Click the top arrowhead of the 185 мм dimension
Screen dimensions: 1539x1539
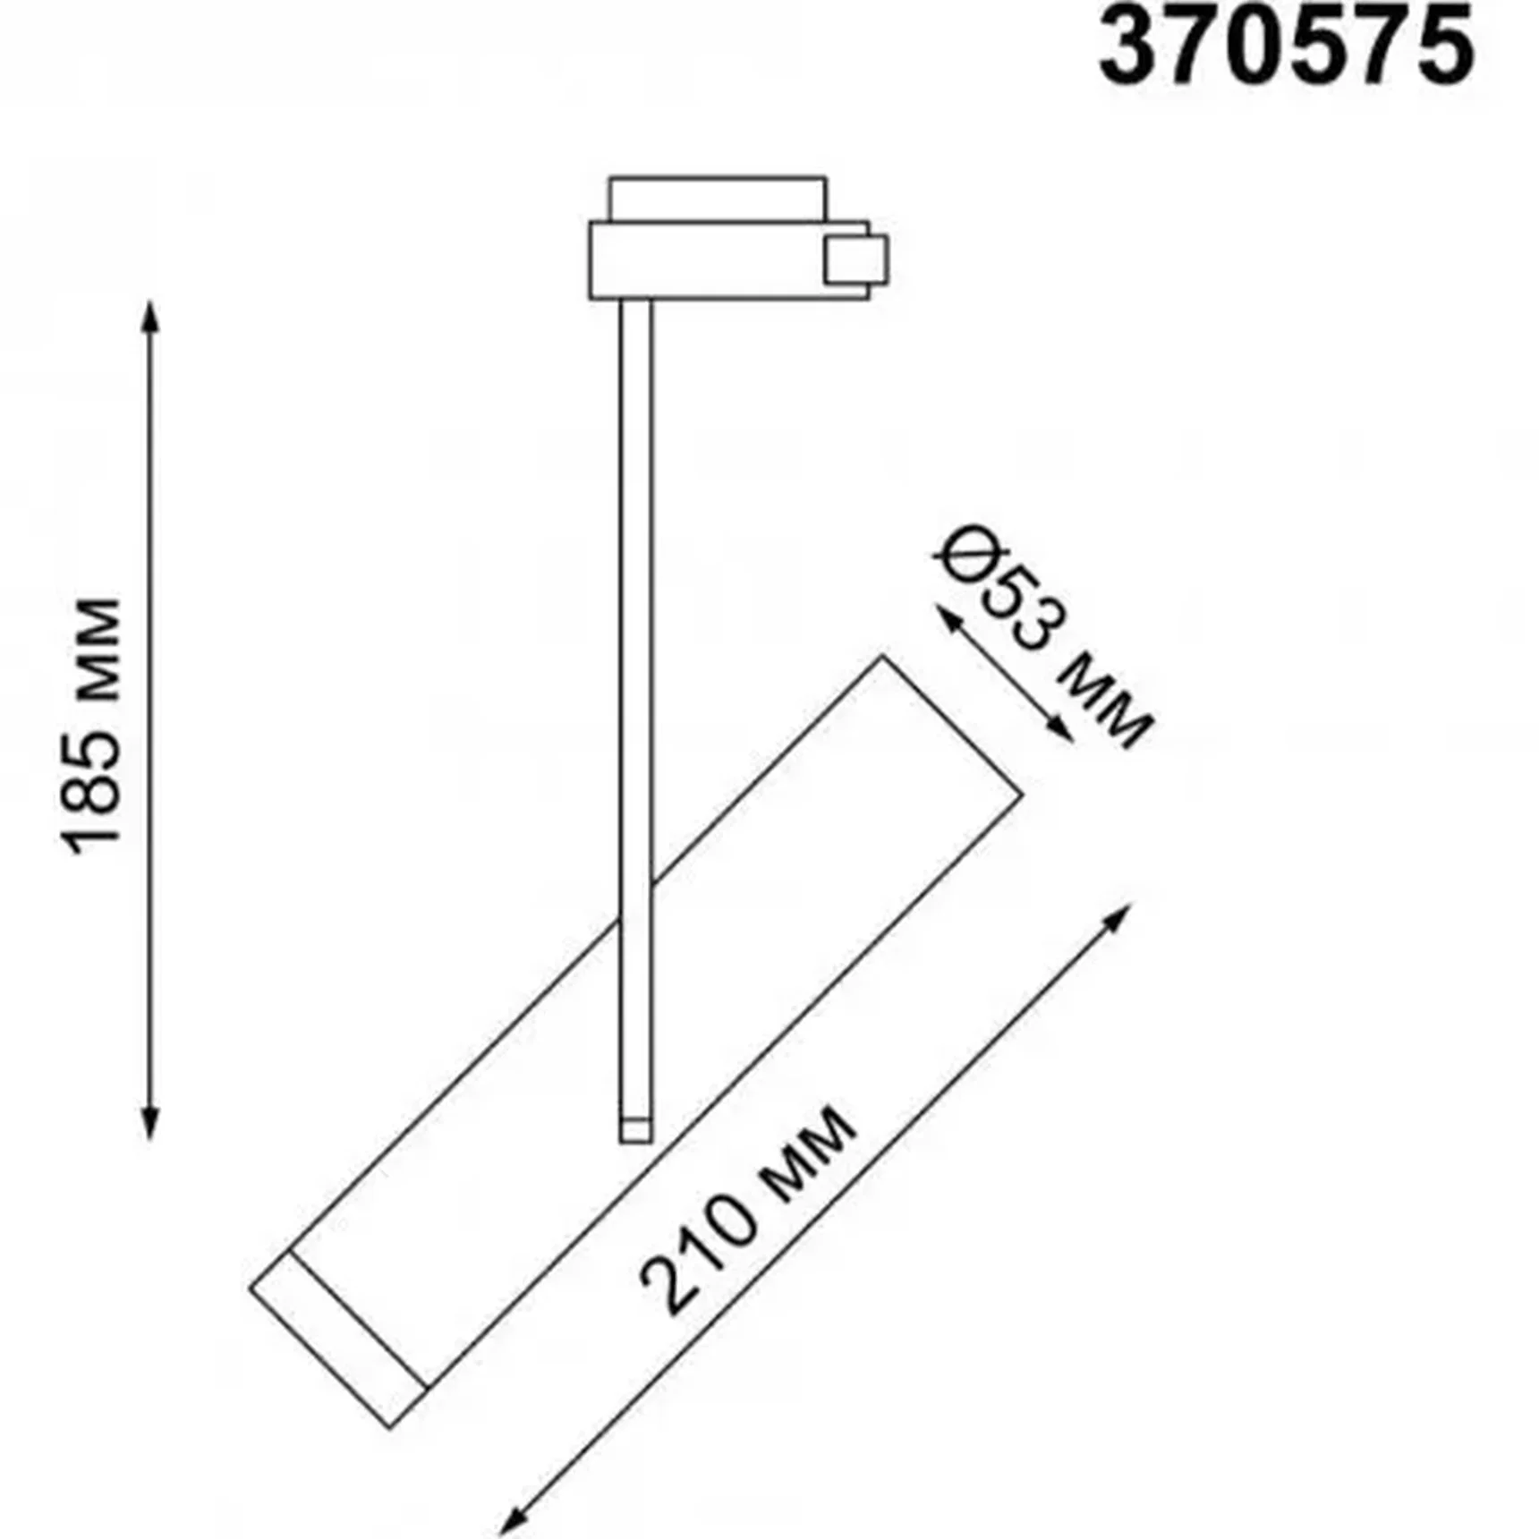tap(150, 314)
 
